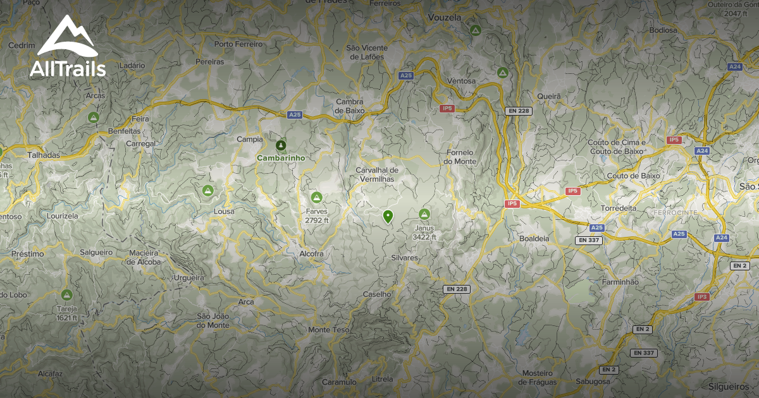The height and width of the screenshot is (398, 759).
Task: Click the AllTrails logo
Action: pos(68,47)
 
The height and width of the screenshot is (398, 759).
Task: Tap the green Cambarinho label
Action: pos(281,158)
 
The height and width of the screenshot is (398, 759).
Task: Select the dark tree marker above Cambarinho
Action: pos(281,145)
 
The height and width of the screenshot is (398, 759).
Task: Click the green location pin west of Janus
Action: pos(388,217)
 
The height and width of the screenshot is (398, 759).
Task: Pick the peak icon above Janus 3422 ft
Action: pos(424,215)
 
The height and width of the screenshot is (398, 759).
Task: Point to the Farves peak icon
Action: pos(317,198)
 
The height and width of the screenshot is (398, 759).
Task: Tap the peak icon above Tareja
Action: pos(66,294)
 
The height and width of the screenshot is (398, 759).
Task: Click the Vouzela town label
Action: pos(445,17)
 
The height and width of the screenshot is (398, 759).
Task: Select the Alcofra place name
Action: pos(311,254)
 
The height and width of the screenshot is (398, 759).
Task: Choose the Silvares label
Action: pos(405,258)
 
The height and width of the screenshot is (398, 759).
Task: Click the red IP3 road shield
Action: pos(701,296)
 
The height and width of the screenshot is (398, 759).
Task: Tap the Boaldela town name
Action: pos(534,238)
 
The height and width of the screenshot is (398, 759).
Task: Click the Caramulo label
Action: pos(340,382)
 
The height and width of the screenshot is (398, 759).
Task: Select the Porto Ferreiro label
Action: pos(238,45)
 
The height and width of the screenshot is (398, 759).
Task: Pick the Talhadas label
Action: pos(44,155)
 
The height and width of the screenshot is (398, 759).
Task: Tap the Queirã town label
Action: pos(548,96)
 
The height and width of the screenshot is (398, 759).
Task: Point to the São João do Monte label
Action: pos(213,320)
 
